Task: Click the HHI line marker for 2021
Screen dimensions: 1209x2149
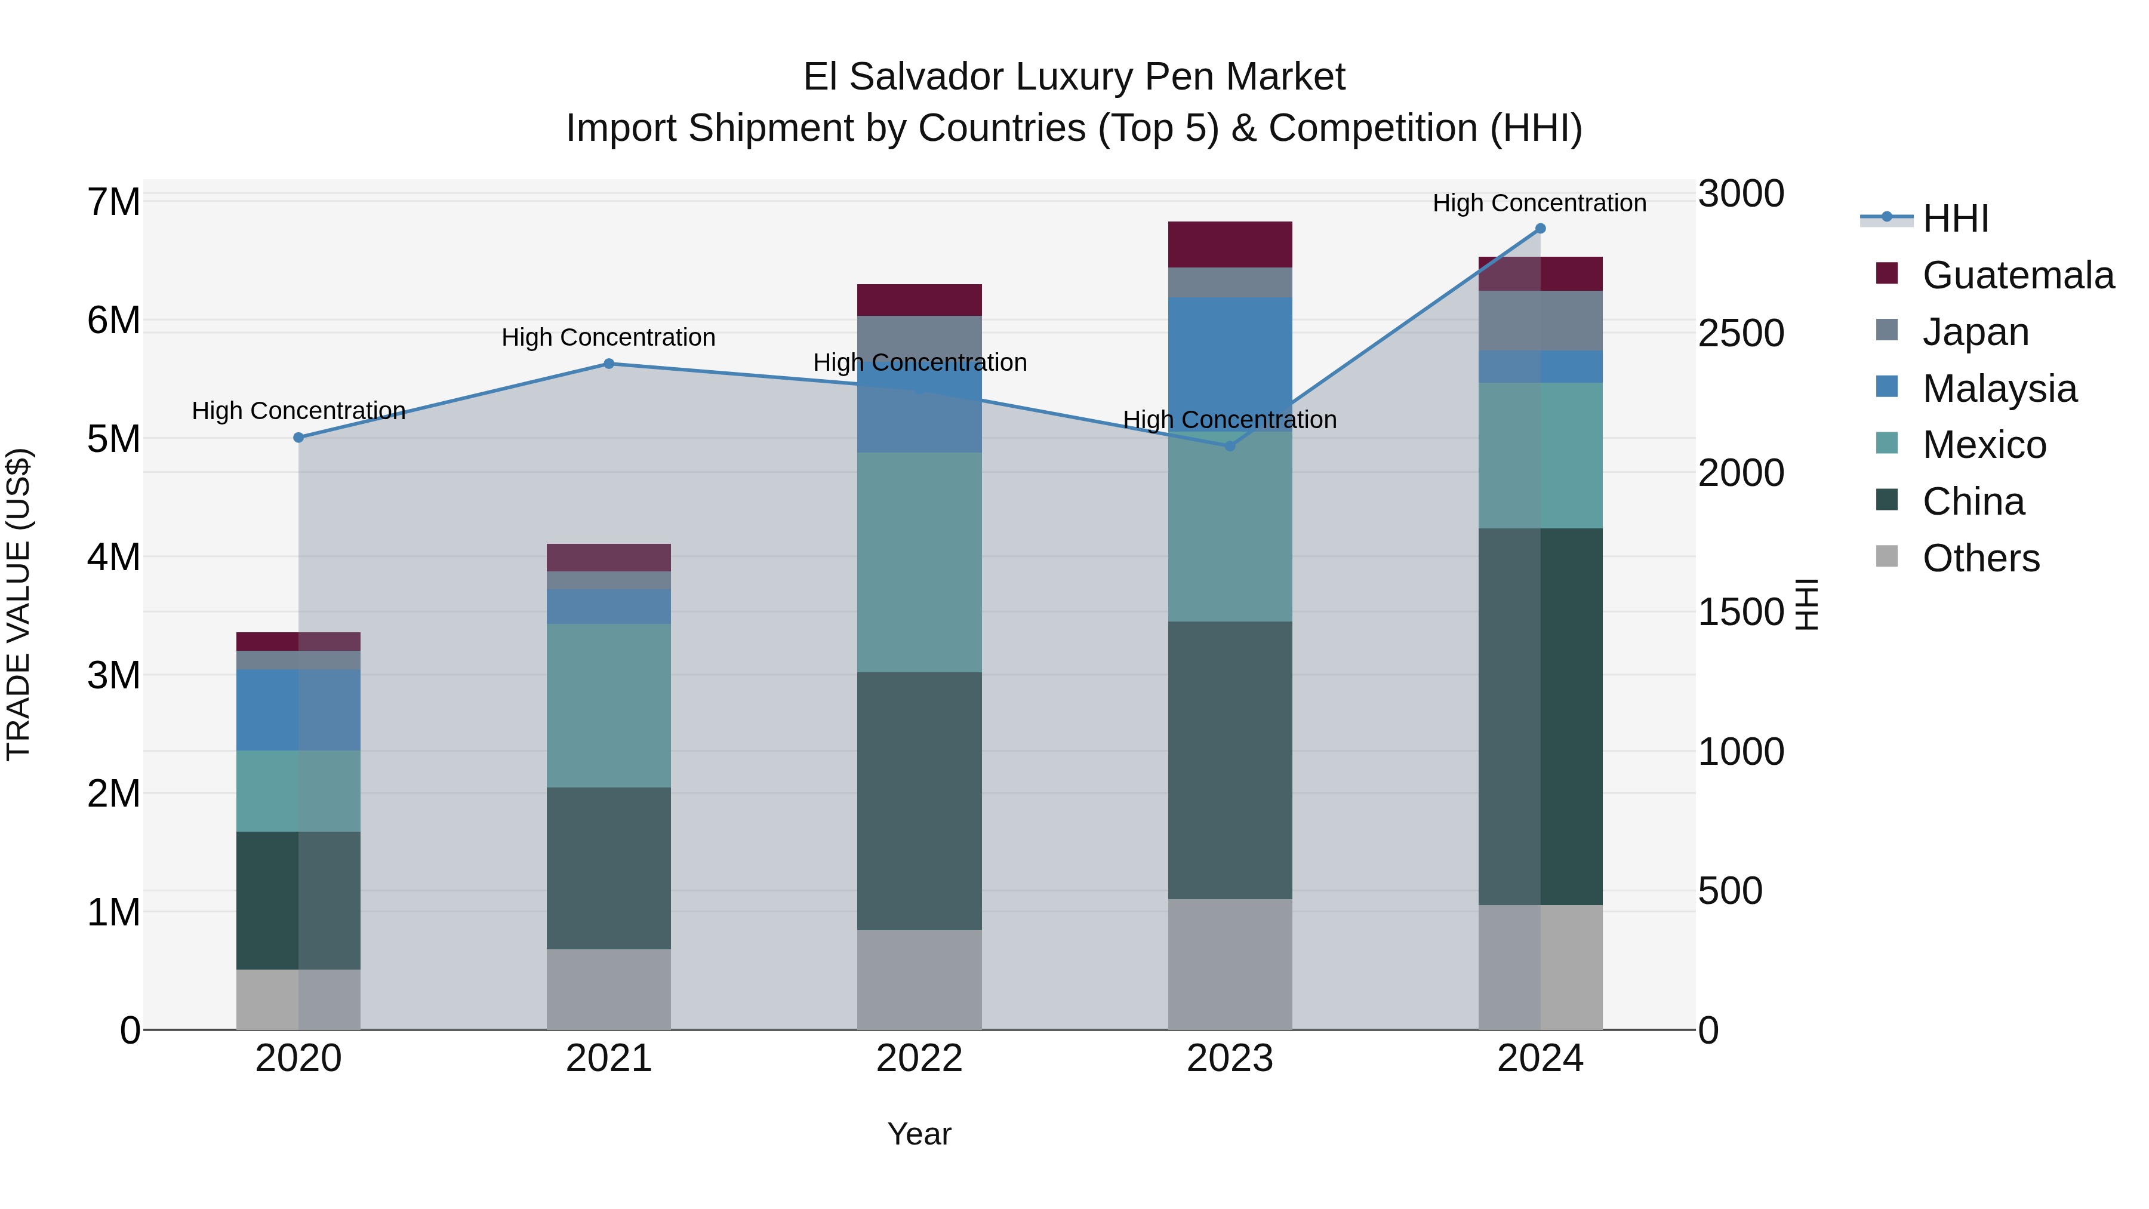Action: [608, 364]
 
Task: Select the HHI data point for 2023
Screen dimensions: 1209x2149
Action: [1229, 447]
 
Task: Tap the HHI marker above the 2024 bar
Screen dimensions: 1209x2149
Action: [1540, 229]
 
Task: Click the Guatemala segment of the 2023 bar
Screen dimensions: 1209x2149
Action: [1230, 244]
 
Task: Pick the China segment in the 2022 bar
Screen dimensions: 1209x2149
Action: [919, 801]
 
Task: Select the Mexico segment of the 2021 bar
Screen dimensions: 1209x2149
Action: [608, 706]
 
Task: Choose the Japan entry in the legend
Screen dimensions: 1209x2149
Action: [1975, 332]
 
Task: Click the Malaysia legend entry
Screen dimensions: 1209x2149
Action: [1999, 389]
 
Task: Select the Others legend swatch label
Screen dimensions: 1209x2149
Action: [1981, 558]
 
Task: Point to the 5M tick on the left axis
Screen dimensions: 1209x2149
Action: [113, 439]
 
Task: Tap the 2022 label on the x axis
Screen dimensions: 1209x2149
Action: [919, 1059]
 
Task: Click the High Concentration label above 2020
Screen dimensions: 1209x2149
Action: [298, 411]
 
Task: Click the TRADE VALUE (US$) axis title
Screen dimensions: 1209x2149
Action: [19, 604]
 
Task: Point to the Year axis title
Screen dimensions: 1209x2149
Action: [919, 1134]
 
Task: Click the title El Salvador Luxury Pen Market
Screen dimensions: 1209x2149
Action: [1074, 77]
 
